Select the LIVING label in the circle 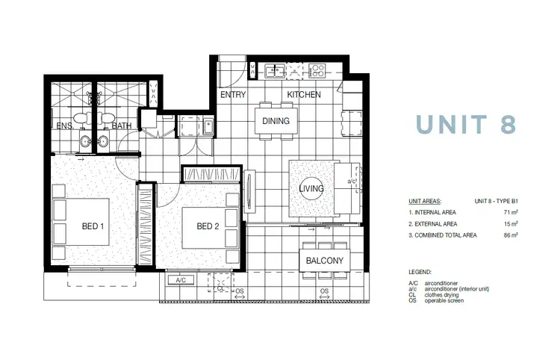pyautogui.click(x=311, y=189)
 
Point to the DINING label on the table pyautogui.click(x=276, y=120)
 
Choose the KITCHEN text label pyautogui.click(x=305, y=95)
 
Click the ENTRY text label pyautogui.click(x=233, y=95)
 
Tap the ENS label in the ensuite pyautogui.click(x=64, y=126)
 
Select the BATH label pyautogui.click(x=122, y=126)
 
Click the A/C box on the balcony pyautogui.click(x=180, y=281)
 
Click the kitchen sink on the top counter pyautogui.click(x=275, y=72)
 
